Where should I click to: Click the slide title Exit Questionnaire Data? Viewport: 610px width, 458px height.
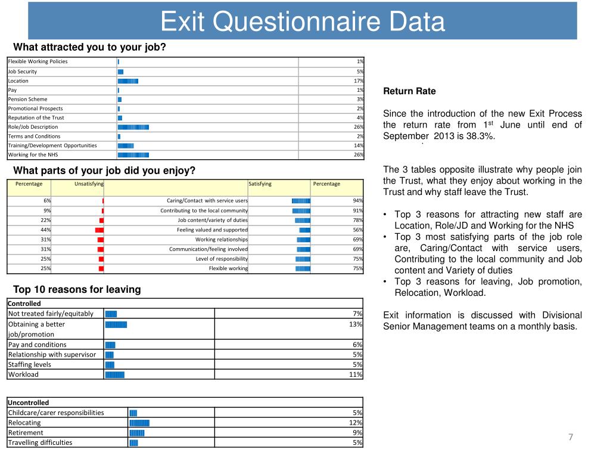pyautogui.click(x=303, y=22)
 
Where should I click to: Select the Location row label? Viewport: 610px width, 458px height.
pyautogui.click(x=18, y=81)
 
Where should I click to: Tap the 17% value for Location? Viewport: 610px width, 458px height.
pyautogui.click(x=359, y=81)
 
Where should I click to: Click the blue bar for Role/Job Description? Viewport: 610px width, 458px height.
pyautogui.click(x=133, y=127)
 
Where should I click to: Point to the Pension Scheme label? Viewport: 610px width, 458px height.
pyautogui.click(x=27, y=99)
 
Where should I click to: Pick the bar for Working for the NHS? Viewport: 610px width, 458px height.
pyautogui.click(x=133, y=155)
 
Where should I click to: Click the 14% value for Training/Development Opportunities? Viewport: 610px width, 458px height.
pyautogui.click(x=359, y=146)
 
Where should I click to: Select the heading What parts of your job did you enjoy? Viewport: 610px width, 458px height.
pyautogui.click(x=104, y=171)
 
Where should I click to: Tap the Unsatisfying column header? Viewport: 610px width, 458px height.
pyautogui.click(x=89, y=184)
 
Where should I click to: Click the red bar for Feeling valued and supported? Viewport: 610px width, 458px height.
pyautogui.click(x=99, y=230)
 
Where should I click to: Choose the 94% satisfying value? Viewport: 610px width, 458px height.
pyautogui.click(x=358, y=201)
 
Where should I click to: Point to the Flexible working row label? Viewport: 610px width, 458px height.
pyautogui.click(x=228, y=268)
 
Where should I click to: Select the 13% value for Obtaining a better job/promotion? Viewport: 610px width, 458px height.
pyautogui.click(x=355, y=324)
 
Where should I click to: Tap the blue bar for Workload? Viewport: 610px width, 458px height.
pyautogui.click(x=114, y=375)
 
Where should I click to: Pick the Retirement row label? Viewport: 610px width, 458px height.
pyautogui.click(x=26, y=432)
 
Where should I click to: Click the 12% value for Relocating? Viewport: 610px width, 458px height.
pyautogui.click(x=356, y=423)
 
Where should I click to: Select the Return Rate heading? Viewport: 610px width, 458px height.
pyautogui.click(x=409, y=91)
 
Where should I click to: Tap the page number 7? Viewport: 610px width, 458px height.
pyautogui.click(x=571, y=437)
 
